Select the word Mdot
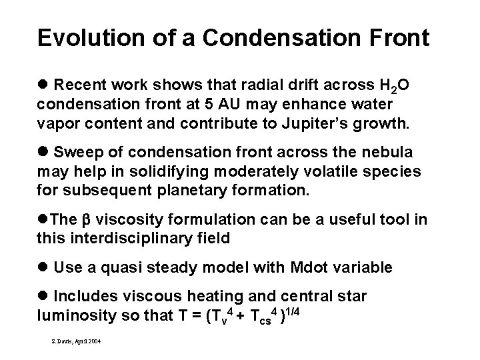[x=309, y=269]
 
